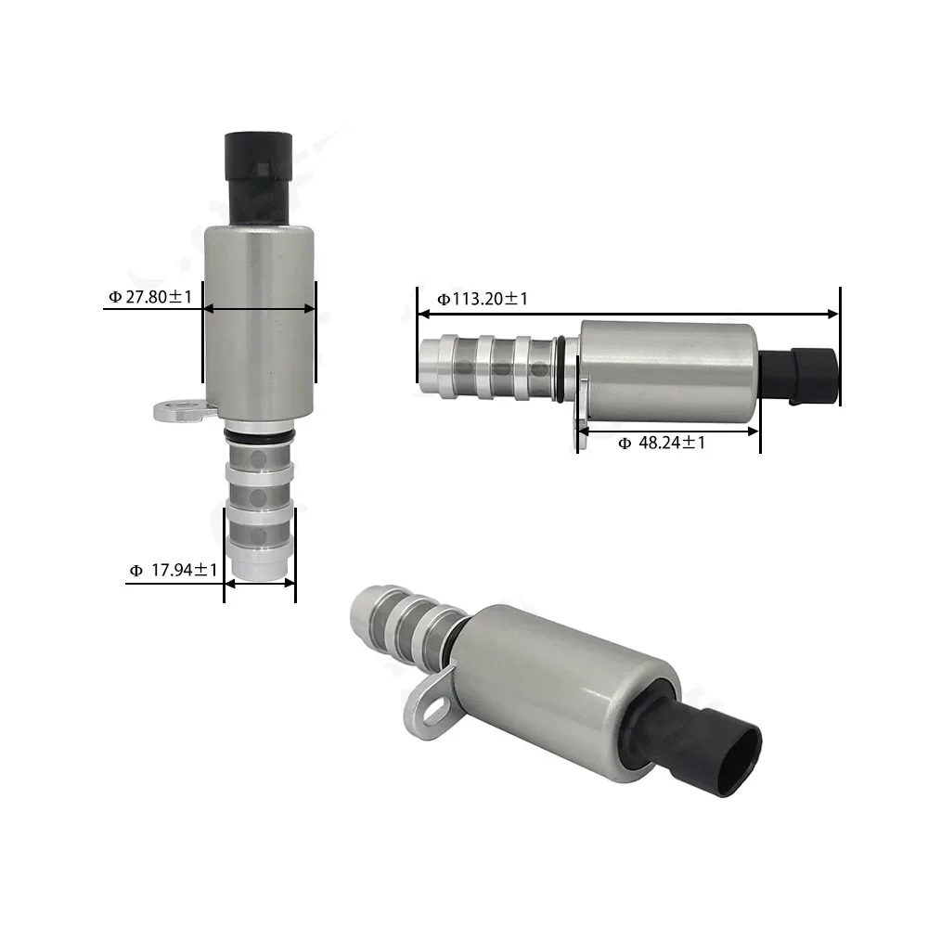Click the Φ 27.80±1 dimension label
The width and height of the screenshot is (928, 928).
151,297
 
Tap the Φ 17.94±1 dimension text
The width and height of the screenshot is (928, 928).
174,570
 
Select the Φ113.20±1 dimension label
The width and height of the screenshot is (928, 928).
483,299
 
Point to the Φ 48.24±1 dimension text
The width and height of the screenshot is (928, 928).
662,443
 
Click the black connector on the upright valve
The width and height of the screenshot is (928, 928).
258,177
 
